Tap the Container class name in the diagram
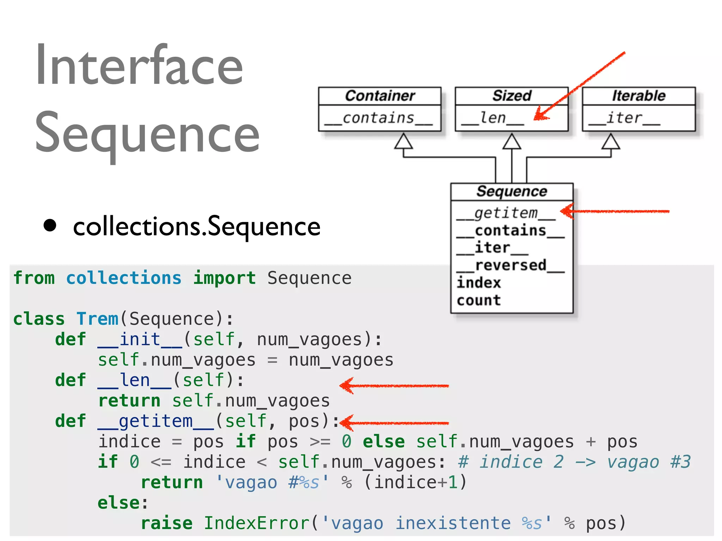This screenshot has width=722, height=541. pos(380,96)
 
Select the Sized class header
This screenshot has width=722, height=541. pos(512,96)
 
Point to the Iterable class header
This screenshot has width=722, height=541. pos(638,96)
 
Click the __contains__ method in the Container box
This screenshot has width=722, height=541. pos(379,118)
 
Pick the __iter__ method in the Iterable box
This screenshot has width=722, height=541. pos(624,118)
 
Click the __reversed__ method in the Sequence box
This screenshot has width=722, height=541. pos(510,266)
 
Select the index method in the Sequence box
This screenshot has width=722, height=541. pos(478,283)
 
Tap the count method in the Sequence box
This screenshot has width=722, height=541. pos(478,300)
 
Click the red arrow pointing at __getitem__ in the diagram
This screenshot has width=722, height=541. pos(615,211)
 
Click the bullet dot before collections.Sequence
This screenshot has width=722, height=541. pos(50,226)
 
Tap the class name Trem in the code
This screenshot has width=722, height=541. pos(97,319)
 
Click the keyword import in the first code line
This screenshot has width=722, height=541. pos(225,278)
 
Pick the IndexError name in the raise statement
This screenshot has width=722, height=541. pos(257,523)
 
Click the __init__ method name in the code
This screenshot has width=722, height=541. pos(140,340)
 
